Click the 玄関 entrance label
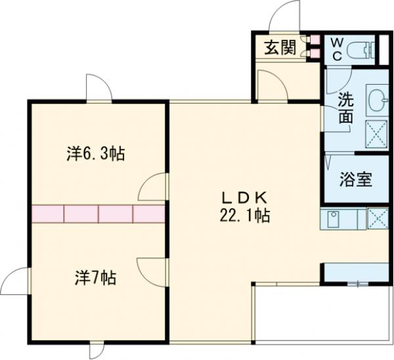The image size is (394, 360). (279, 48)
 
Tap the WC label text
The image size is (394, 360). (336, 48)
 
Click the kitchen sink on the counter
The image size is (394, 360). (332, 217)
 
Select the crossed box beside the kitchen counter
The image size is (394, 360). (378, 218)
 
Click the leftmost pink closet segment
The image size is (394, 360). (47, 214)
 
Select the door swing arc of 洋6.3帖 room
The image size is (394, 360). (152, 187)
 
